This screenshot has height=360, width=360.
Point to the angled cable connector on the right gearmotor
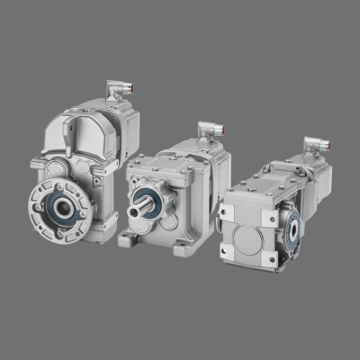(313, 143)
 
